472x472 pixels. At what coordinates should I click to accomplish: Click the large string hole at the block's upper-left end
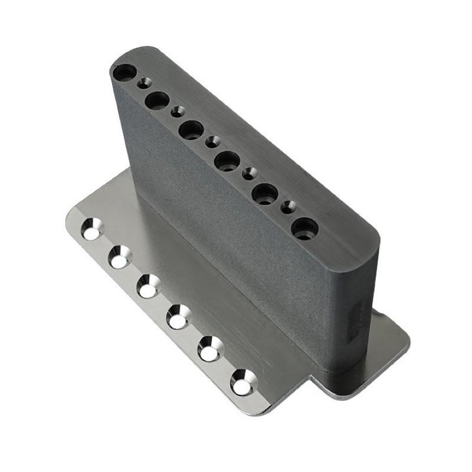coord(124,73)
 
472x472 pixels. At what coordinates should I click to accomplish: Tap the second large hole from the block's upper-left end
coord(156,101)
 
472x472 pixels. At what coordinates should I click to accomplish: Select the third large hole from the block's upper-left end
coord(191,130)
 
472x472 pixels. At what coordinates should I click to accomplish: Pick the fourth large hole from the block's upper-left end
coord(227,160)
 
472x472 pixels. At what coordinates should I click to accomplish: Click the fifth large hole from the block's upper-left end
coord(265,193)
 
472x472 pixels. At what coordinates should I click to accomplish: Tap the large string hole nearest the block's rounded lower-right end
coord(304,228)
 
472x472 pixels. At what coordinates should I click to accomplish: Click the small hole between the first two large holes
coord(143,83)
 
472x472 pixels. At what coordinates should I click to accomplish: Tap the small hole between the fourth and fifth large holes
coord(250,173)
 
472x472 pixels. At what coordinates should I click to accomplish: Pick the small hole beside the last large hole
coord(289,206)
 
